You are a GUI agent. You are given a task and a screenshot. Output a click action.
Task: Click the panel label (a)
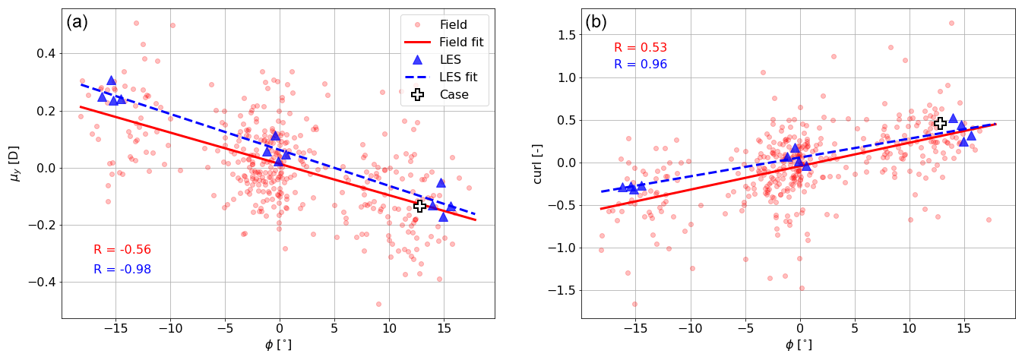click(78, 22)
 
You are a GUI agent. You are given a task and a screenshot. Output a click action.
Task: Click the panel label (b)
click(596, 22)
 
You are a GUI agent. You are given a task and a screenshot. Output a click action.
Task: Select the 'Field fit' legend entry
click(461, 42)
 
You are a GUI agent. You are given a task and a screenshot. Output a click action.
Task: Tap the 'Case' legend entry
click(454, 95)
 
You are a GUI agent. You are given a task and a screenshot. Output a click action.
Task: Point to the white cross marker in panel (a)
click(419, 206)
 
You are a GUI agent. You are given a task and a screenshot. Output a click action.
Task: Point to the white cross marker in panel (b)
click(940, 123)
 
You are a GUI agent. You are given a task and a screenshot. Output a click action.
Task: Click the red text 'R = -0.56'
click(122, 250)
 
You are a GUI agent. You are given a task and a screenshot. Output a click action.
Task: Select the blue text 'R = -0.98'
click(122, 270)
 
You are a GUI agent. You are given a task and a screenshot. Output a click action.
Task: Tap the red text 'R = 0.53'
click(641, 48)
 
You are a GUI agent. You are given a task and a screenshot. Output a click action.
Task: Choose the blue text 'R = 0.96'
click(641, 65)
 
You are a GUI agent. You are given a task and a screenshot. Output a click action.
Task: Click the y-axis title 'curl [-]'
click(538, 164)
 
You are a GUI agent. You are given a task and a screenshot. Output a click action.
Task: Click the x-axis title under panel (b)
click(799, 344)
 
